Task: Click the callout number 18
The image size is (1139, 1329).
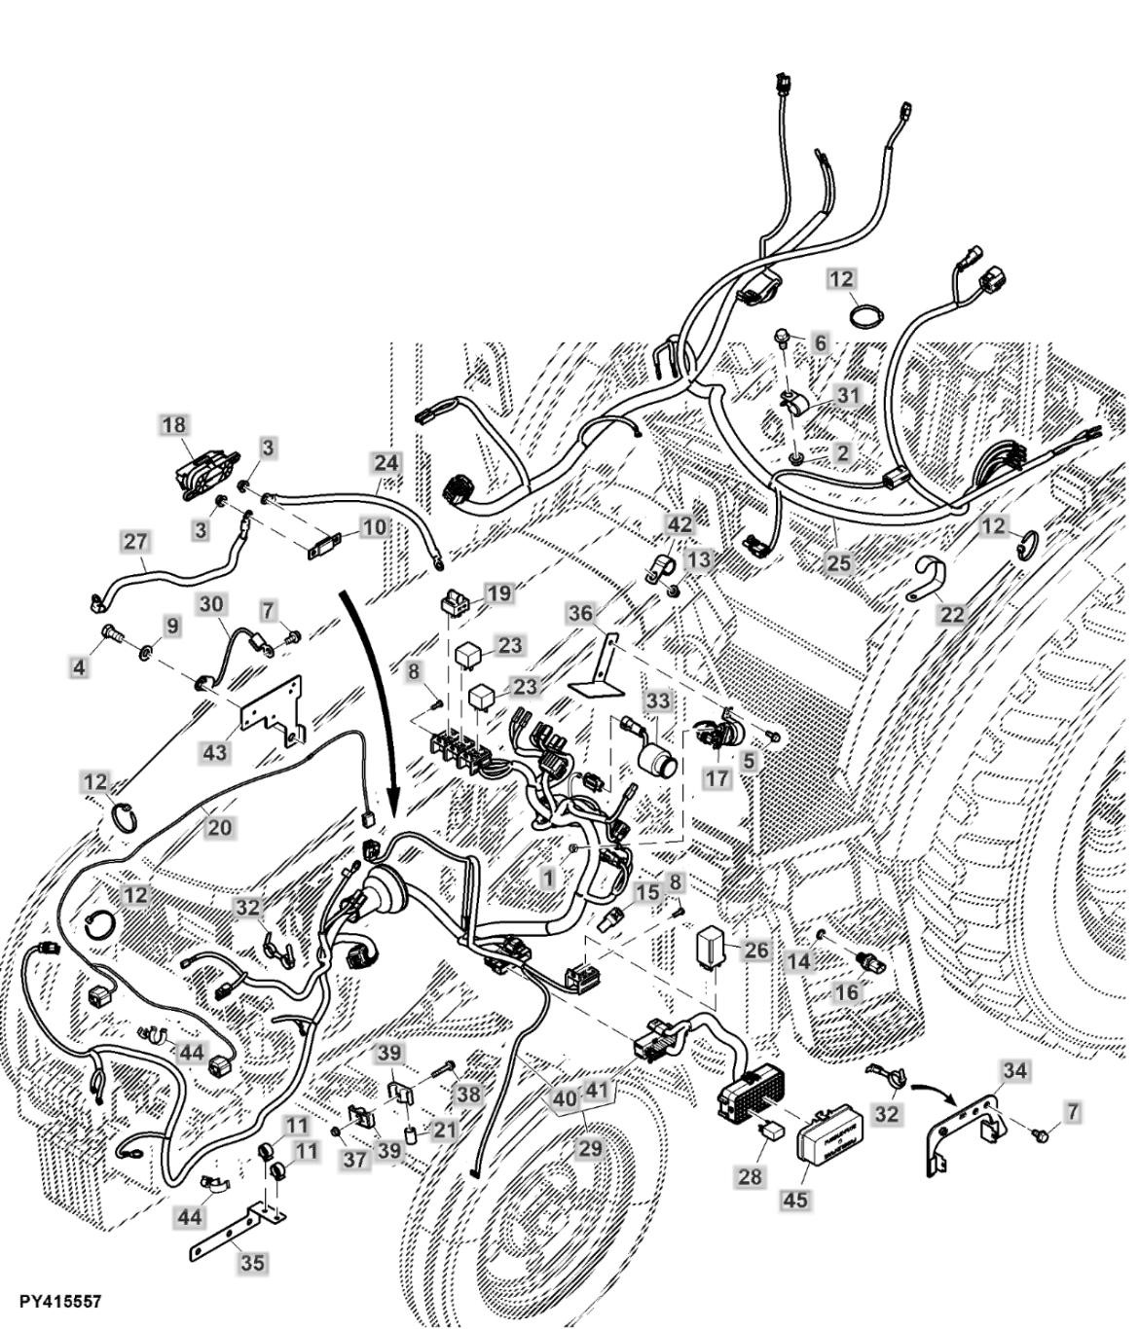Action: (x=175, y=425)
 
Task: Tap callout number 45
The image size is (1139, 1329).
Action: (x=795, y=1200)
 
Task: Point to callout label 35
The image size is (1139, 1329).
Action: (x=251, y=1264)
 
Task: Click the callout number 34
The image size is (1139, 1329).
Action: (x=1014, y=1071)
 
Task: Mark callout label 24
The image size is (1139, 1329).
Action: (x=386, y=462)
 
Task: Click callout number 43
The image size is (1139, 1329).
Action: (x=214, y=752)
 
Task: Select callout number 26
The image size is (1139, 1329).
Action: (x=756, y=950)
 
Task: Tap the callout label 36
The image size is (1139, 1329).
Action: (x=581, y=614)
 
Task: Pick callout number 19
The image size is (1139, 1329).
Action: (x=497, y=593)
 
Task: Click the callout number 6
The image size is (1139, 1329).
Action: (x=821, y=342)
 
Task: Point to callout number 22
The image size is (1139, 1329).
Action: (x=951, y=614)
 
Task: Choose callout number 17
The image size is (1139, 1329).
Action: (x=717, y=778)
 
